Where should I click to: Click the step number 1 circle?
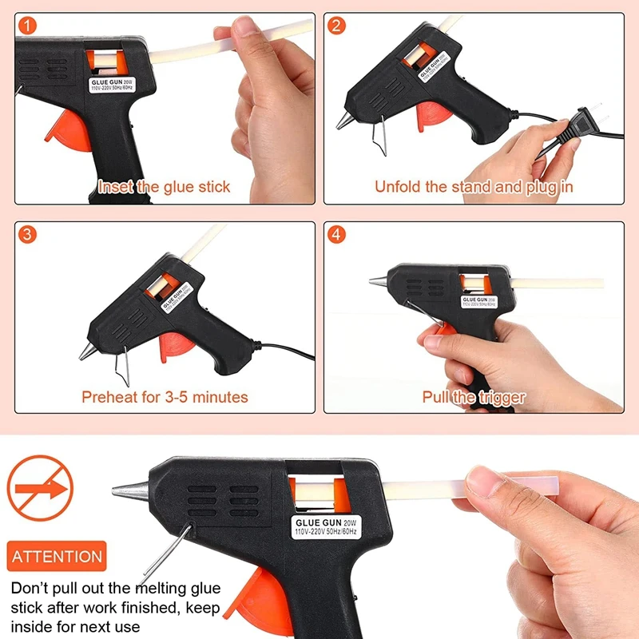tap(27, 26)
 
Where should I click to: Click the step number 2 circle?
tap(336, 26)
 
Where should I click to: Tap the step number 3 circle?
tap(27, 234)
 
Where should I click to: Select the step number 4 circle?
tap(336, 234)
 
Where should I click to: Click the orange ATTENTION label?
tap(57, 556)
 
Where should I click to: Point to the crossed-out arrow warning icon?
tap(40, 488)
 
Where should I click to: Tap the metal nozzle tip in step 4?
tap(379, 281)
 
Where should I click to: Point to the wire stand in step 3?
tap(123, 366)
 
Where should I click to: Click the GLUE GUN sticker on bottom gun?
tap(326, 527)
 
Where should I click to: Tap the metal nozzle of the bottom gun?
tap(131, 490)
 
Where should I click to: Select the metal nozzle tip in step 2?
tap(345, 121)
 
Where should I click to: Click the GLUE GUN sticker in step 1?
tap(112, 85)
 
